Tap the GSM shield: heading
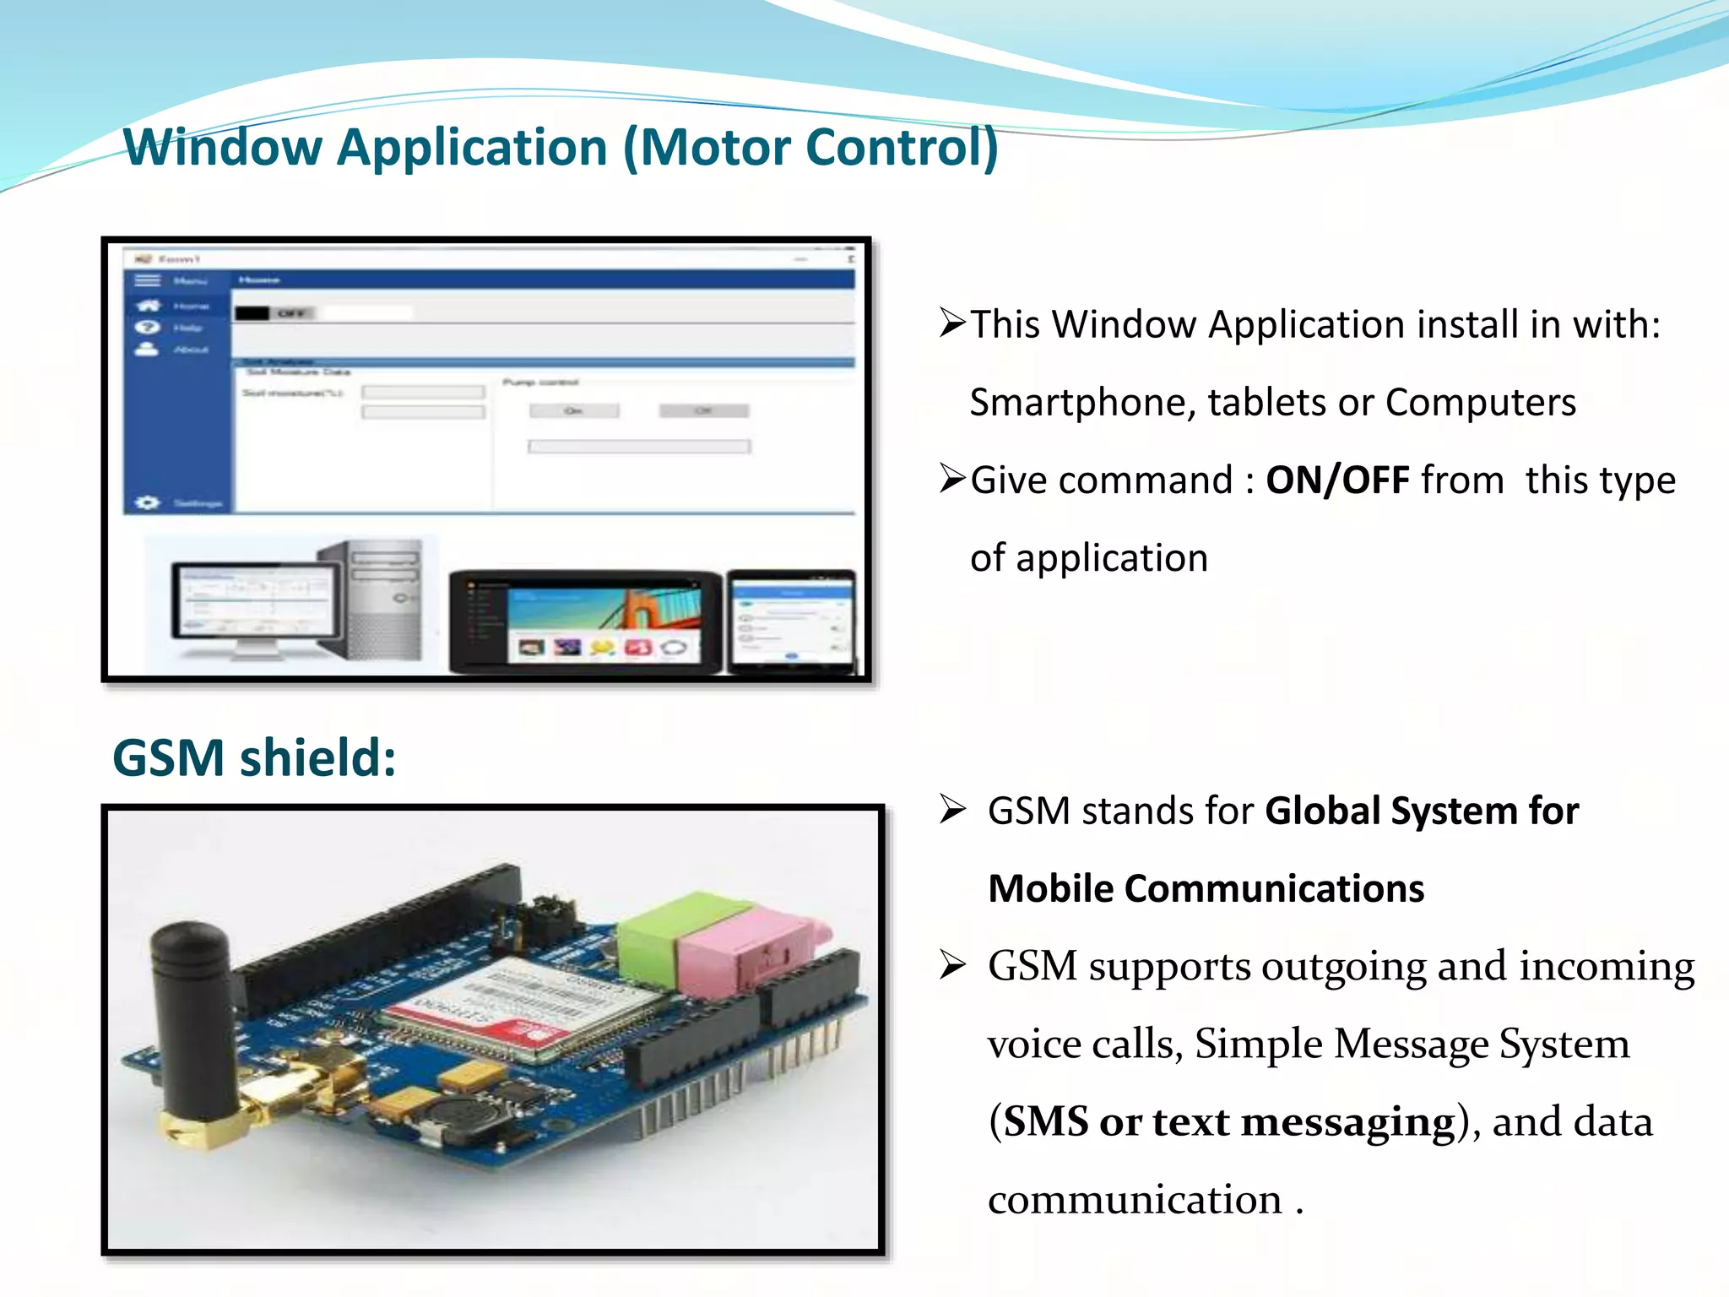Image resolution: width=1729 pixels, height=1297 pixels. [254, 757]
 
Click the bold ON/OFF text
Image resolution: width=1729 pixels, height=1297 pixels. [1337, 480]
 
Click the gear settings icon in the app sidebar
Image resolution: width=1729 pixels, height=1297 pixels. [147, 502]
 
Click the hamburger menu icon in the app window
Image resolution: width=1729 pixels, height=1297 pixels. [148, 280]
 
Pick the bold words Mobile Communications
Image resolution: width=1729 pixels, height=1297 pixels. [1206, 889]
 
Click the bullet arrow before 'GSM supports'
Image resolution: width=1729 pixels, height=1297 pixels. [953, 964]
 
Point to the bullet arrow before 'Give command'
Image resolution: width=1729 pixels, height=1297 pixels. [953, 479]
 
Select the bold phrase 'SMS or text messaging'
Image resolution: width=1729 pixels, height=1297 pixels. [1230, 1121]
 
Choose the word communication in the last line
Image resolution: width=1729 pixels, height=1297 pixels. [1135, 1200]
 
